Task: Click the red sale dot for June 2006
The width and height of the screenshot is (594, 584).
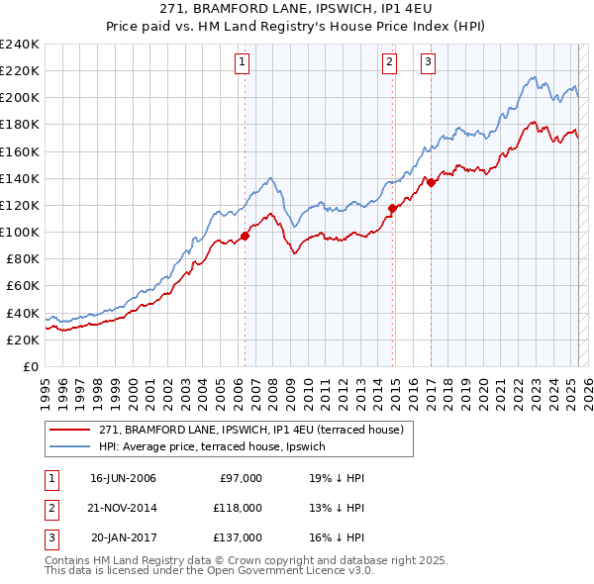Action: pos(245,236)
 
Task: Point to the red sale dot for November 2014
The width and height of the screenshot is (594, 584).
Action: pos(393,208)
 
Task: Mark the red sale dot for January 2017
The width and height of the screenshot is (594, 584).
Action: pos(432,181)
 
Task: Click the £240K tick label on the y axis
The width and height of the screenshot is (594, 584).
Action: pos(20,45)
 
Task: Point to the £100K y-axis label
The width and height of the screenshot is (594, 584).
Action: pos(20,232)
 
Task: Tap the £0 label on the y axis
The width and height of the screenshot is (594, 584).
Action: pos(31,366)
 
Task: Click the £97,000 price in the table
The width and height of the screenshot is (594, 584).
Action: pos(239,478)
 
